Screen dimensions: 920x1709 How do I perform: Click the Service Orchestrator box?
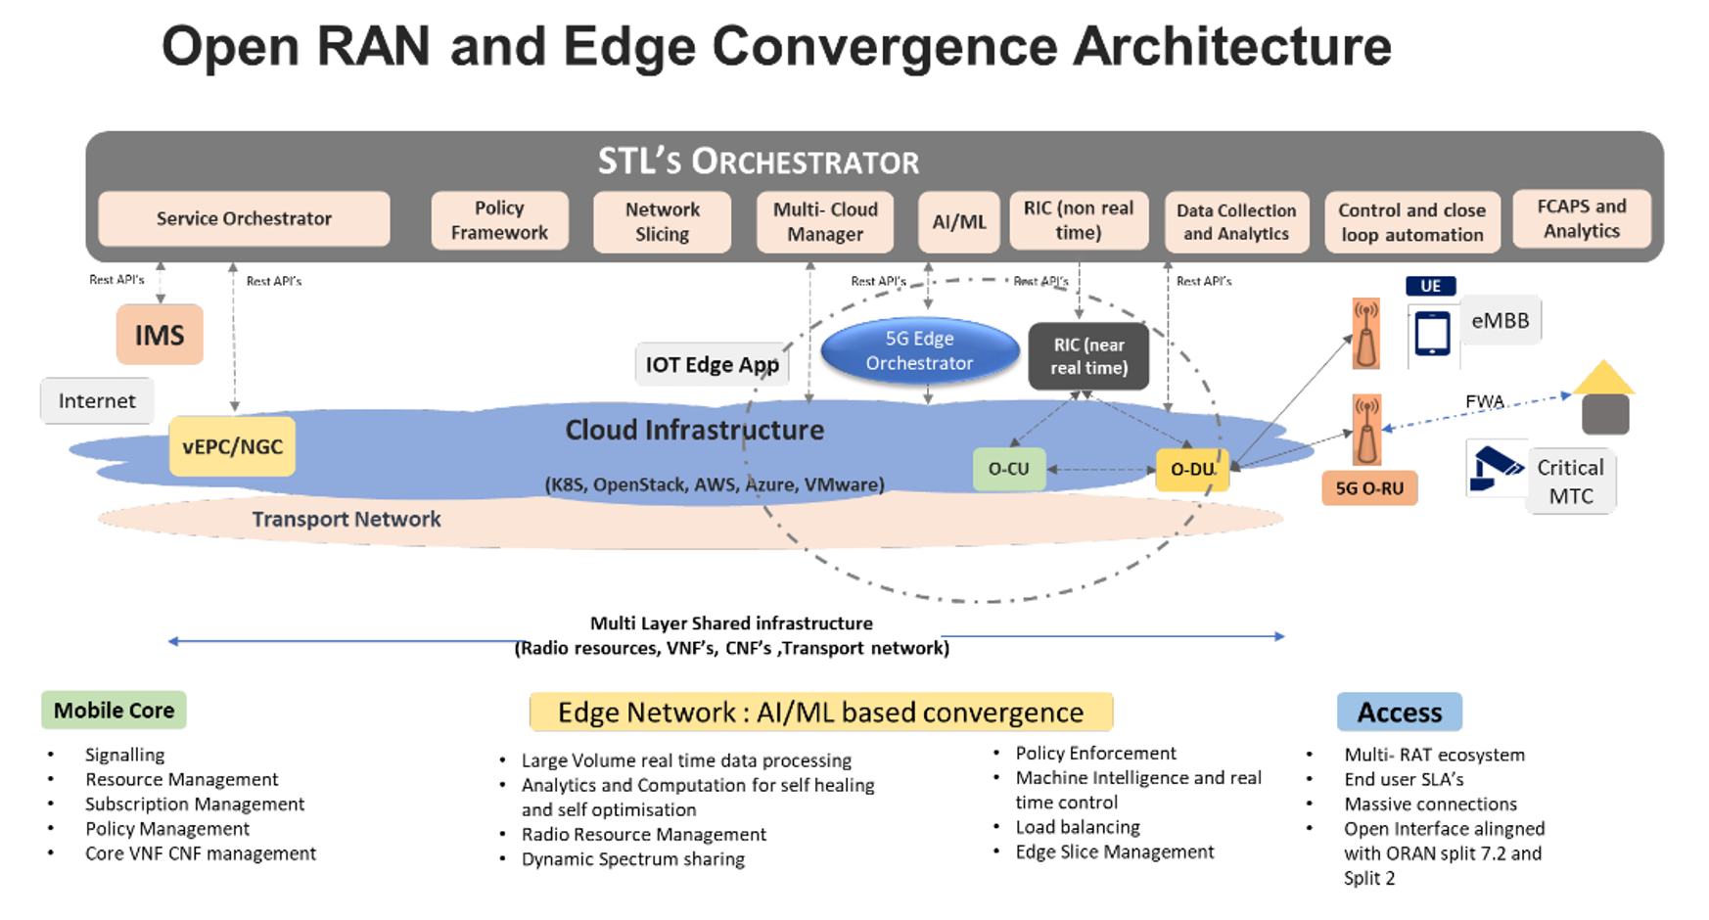(x=244, y=218)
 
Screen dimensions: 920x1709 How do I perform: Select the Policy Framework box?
(x=499, y=220)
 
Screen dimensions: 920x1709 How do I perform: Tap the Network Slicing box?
(x=662, y=221)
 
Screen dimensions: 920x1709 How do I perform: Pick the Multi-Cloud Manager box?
(x=825, y=221)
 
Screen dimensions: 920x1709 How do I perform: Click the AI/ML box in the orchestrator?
(x=958, y=221)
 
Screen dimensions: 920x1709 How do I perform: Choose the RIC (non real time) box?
(x=1078, y=220)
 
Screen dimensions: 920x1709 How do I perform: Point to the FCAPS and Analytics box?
(x=1581, y=218)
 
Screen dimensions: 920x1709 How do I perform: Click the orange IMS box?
(x=160, y=335)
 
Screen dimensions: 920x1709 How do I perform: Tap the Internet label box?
(x=97, y=400)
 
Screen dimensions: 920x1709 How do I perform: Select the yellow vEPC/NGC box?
(x=232, y=446)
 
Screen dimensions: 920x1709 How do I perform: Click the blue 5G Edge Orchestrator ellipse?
(x=919, y=350)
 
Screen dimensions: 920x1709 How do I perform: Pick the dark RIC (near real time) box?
(x=1088, y=356)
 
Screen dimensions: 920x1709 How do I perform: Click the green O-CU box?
(x=1008, y=469)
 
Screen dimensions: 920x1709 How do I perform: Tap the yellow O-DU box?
(x=1192, y=469)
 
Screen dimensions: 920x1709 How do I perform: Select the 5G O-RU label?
(x=1369, y=487)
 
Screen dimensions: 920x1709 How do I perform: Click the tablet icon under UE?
(x=1432, y=334)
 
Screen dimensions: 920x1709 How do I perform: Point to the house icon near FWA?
(x=1604, y=398)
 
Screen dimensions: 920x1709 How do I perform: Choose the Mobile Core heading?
(x=114, y=711)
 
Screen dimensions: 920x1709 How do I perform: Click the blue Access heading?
(x=1399, y=713)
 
